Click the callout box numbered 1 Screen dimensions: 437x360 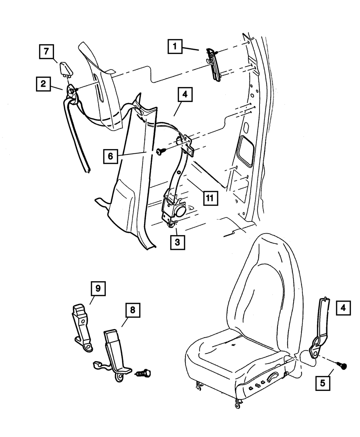(175, 46)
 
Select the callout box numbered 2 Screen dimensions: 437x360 (44, 84)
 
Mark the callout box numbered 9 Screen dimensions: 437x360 (97, 289)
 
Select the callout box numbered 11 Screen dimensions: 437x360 (210, 197)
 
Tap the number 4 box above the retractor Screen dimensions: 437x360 (184, 95)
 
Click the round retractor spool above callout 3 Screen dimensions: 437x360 (180, 210)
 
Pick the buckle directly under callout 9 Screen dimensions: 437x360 (82, 326)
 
